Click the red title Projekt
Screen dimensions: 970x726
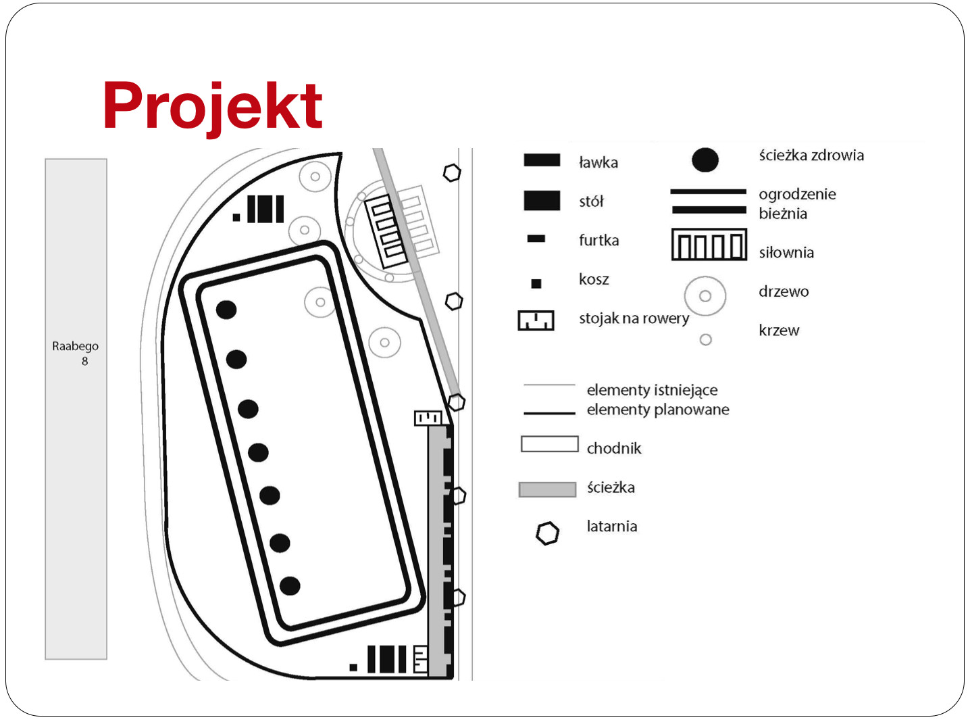click(213, 107)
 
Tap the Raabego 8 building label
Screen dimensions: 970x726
click(76, 354)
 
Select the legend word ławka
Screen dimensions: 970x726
click(598, 163)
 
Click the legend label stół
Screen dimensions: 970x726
click(591, 201)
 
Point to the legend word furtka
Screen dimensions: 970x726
click(598, 240)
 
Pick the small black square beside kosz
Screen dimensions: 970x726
click(536, 283)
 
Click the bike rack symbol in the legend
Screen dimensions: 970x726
click(536, 320)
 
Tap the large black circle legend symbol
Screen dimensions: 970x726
click(705, 160)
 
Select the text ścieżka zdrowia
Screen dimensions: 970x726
click(811, 155)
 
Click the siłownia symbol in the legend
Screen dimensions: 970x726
click(709, 245)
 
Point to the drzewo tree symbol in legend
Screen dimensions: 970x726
click(705, 296)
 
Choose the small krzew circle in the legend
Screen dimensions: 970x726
click(706, 339)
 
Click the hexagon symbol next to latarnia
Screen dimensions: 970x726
click(548, 533)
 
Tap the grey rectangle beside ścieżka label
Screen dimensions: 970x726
click(548, 489)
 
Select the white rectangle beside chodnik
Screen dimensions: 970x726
click(550, 444)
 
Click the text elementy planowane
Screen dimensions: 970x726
click(658, 410)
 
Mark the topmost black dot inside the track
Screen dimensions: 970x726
click(226, 310)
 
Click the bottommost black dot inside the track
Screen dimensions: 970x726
click(290, 586)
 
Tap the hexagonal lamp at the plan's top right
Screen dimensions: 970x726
click(452, 173)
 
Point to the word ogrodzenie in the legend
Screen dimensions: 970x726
click(797, 195)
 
